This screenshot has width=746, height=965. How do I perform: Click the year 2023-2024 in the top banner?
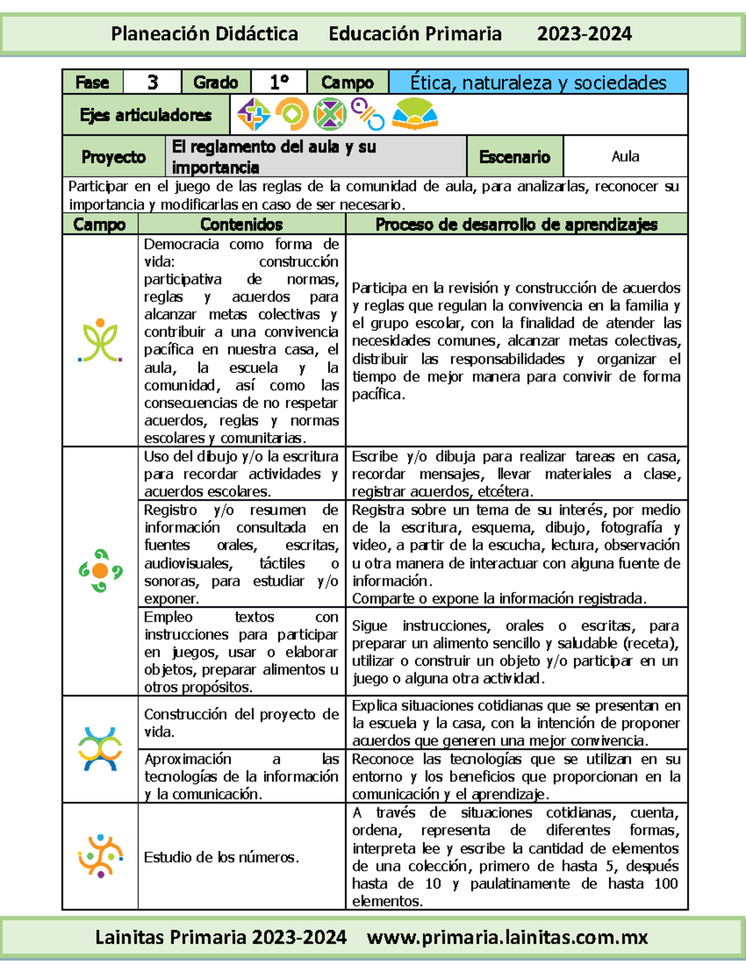pos(584,34)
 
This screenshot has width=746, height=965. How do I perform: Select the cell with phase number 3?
pos(152,82)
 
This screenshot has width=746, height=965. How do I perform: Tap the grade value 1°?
pos(279,82)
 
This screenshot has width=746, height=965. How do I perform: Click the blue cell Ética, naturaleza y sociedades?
pos(538,82)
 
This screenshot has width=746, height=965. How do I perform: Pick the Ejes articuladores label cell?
pos(146,115)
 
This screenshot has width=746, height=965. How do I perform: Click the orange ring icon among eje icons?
pos(292,114)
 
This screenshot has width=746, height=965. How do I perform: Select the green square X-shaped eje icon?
pos(329,114)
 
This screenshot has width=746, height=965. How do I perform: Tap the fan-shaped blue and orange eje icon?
pos(415,114)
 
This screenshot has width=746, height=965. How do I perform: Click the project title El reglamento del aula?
pos(274,157)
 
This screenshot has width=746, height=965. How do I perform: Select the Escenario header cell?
pos(515,157)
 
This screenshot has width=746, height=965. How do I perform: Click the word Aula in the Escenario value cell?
pos(625,157)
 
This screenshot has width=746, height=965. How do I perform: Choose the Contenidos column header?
pos(241,224)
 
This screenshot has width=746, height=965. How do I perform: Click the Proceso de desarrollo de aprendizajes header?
pos(516,224)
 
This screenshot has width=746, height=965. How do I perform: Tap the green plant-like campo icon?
pos(100,341)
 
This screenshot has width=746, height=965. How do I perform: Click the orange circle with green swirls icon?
pos(100,570)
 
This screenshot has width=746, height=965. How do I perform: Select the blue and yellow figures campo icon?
pos(100,749)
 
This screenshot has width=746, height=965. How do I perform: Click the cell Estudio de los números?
pos(221,857)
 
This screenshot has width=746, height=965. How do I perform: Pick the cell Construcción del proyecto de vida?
pos(241,723)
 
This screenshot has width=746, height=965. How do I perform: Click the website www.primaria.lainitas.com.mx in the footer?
pos(507,937)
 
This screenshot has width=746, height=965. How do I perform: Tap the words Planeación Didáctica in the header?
pos(205,34)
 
